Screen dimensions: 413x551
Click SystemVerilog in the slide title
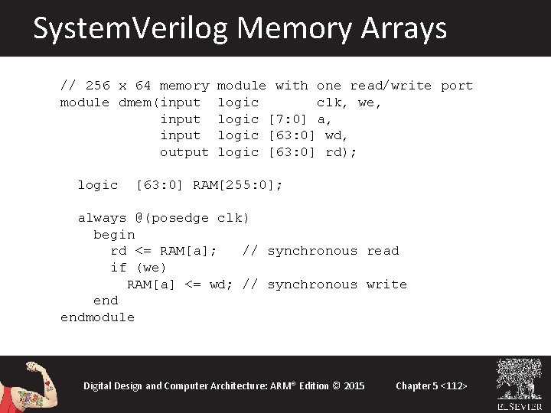[131, 28]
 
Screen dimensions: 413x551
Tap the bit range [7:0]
[288, 119]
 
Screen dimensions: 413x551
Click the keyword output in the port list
[184, 152]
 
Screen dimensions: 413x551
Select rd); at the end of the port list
[341, 152]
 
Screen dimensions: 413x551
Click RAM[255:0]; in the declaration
[237, 185]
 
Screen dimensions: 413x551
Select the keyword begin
[114, 235]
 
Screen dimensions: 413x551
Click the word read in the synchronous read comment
[383, 251]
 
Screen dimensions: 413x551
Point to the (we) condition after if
[151, 268]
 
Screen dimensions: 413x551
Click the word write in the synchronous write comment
[386, 285]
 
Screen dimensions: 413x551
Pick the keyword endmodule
[97, 317]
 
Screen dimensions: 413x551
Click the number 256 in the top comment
[97, 86]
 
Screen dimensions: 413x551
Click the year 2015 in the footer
[354, 385]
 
